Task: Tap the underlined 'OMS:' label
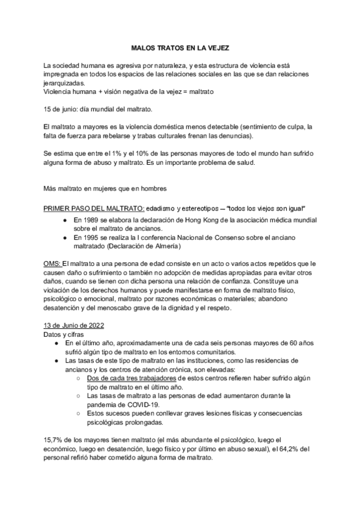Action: click(x=53, y=263)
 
